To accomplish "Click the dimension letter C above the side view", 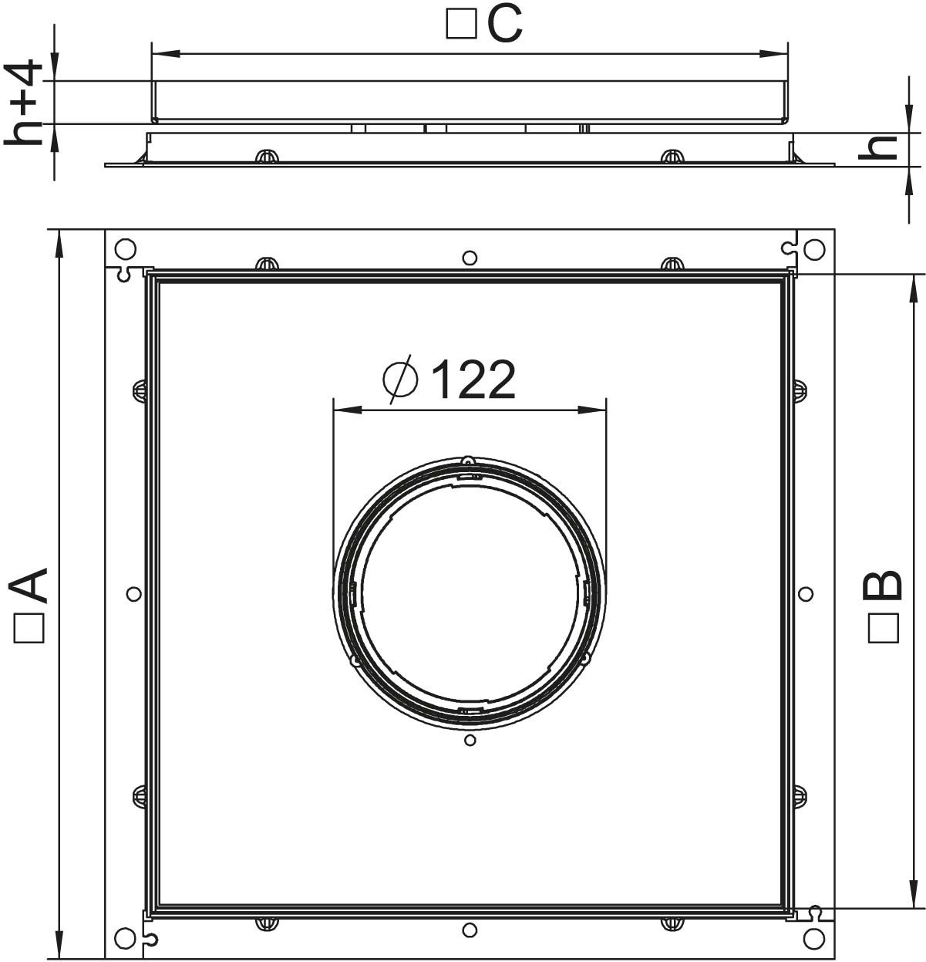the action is pos(505,25).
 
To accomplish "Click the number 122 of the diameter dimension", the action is pos(473,379).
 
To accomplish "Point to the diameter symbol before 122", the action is pos(400,379).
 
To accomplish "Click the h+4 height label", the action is pos(24,103).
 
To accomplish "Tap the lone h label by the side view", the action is pos(877,147).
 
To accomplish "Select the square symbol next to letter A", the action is pos(29,628).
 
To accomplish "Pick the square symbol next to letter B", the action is pos(883,628).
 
